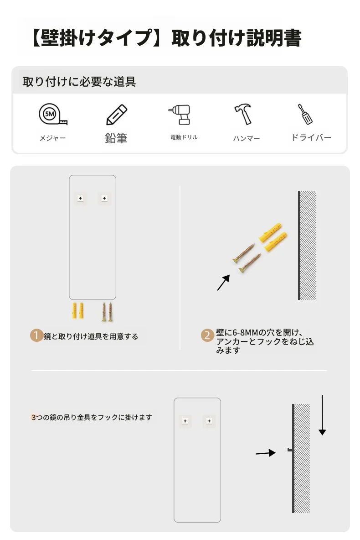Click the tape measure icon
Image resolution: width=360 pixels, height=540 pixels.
(x=52, y=114)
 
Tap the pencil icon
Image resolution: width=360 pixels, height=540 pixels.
(x=117, y=115)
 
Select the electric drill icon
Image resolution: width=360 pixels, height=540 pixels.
(x=180, y=114)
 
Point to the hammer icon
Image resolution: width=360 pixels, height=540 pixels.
(x=243, y=114)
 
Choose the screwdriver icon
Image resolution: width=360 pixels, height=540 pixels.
(x=305, y=114)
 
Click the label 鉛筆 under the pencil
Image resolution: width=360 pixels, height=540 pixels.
(x=116, y=138)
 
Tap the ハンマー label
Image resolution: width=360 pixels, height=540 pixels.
(x=247, y=138)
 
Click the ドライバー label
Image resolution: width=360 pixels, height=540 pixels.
(x=311, y=137)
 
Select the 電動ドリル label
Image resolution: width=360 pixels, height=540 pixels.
(x=184, y=137)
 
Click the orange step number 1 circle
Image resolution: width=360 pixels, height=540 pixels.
(x=36, y=336)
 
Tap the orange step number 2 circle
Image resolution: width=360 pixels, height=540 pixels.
(x=207, y=335)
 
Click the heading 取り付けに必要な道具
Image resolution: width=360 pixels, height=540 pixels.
(x=79, y=82)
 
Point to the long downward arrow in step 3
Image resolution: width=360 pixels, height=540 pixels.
(x=322, y=415)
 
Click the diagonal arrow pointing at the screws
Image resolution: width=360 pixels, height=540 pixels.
(x=223, y=283)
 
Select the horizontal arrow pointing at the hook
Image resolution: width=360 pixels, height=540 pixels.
(x=266, y=453)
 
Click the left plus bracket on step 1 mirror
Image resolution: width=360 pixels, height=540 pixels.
(x=81, y=199)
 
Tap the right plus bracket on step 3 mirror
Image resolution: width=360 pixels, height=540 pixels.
(x=209, y=421)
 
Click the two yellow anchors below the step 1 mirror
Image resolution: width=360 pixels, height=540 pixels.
(x=78, y=311)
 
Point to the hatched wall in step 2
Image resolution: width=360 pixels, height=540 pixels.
(x=307, y=245)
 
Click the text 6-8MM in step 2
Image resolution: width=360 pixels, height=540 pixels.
(x=245, y=333)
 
